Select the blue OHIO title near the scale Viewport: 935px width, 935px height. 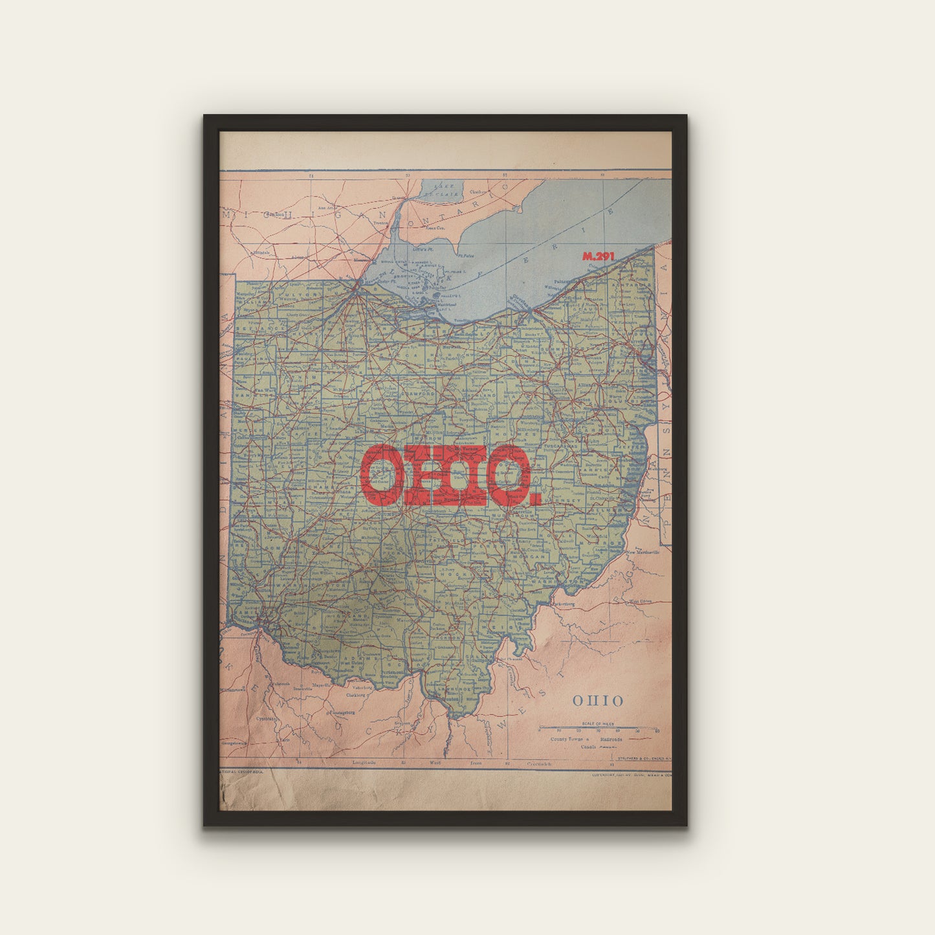598,701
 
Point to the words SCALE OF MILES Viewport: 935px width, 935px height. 599,723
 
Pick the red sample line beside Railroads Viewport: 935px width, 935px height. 640,738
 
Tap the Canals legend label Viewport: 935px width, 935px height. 588,746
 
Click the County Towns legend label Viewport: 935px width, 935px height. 566,739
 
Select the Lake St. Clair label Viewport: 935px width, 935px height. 442,189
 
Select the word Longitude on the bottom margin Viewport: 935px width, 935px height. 364,763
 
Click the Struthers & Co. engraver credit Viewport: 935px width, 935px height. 644,758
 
